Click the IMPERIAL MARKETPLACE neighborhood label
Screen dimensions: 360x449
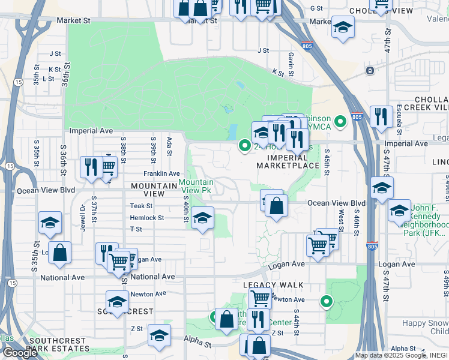[288, 161]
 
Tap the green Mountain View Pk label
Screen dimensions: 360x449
[196, 186]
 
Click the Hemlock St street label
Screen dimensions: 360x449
[147, 218]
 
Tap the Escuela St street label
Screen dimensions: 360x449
[399, 119]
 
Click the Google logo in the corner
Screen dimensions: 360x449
[20, 353]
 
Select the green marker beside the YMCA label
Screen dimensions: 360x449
[341, 122]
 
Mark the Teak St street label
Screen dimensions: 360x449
[142, 206]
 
